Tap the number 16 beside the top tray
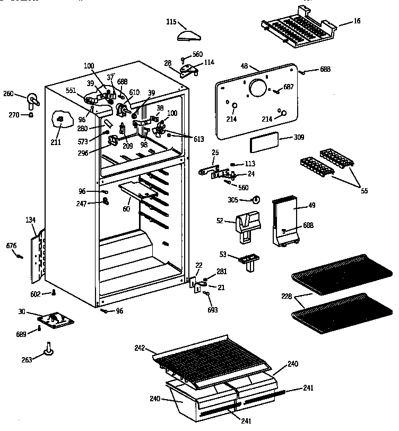tap(357, 21)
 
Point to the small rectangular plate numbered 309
tap(264, 143)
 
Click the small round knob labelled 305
tap(256, 200)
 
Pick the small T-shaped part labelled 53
tap(248, 260)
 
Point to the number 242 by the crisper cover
tap(140, 349)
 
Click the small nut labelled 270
tap(31, 114)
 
